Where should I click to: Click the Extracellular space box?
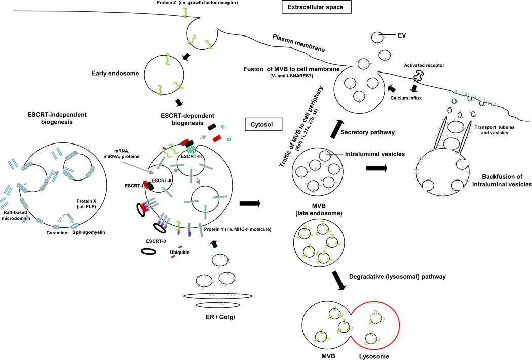317,7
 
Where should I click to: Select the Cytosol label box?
263,125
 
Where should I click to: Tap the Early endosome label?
116,73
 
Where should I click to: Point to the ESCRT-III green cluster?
192,149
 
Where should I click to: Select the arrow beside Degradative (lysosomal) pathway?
339,280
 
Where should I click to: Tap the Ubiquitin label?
180,253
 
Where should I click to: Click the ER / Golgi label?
220,317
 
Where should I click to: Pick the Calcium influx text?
406,98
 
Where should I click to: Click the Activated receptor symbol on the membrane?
419,76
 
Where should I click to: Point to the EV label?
402,35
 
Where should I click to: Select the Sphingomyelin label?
89,232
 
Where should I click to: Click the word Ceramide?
57,233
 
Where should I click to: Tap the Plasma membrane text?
298,43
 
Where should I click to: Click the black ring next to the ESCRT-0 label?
148,251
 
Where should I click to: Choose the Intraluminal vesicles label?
375,154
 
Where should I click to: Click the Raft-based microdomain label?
16,215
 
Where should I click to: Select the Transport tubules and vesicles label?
495,130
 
